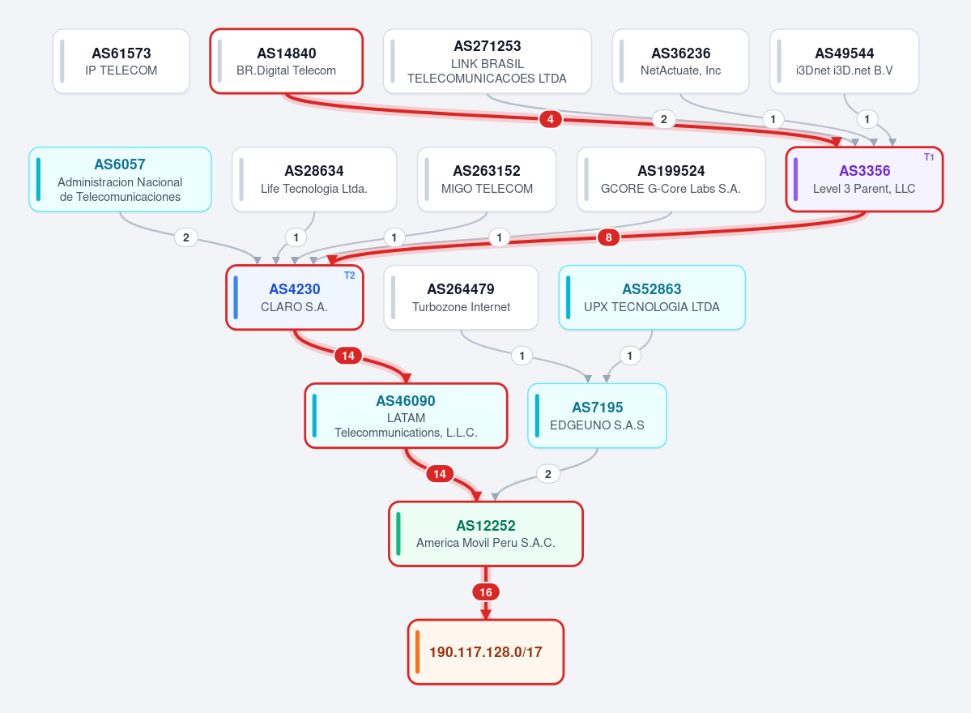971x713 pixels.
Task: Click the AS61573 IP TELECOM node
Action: pyautogui.click(x=121, y=62)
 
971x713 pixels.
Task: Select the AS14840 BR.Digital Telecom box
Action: pyautogui.click(x=286, y=62)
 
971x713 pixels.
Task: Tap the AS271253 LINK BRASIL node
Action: pyautogui.click(x=488, y=62)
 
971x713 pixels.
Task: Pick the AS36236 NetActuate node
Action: pyautogui.click(x=680, y=62)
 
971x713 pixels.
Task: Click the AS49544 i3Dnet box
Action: pyautogui.click(x=844, y=62)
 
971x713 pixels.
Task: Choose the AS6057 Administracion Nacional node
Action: pyautogui.click(x=120, y=180)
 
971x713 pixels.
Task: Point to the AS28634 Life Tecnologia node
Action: pyautogui.click(x=314, y=180)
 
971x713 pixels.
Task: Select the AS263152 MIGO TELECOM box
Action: pyautogui.click(x=487, y=180)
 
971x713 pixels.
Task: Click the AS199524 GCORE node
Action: pyautogui.click(x=671, y=180)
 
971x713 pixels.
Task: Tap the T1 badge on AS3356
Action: pyautogui.click(x=929, y=157)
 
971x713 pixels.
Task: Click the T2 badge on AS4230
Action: pyautogui.click(x=349, y=275)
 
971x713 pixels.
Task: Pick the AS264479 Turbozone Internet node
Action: pyautogui.click(x=461, y=297)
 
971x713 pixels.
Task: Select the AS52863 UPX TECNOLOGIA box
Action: pyautogui.click(x=652, y=297)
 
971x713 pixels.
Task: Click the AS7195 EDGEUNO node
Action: pyautogui.click(x=597, y=416)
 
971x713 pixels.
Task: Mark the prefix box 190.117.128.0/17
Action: pyautogui.click(x=486, y=652)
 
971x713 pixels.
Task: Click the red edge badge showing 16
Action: pyautogui.click(x=486, y=592)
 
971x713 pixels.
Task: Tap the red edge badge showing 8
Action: pyautogui.click(x=609, y=237)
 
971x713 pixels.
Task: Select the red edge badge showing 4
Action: pyautogui.click(x=551, y=119)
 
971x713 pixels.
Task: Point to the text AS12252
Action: pyautogui.click(x=486, y=526)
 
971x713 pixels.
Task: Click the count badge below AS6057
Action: pyautogui.click(x=185, y=237)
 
